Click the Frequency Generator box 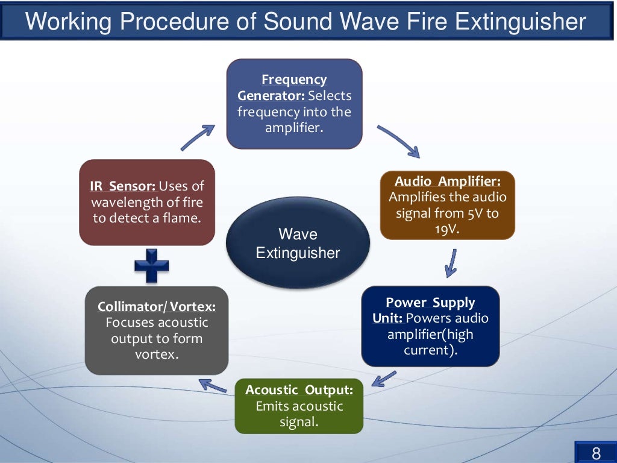click(x=294, y=104)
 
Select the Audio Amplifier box click(x=447, y=205)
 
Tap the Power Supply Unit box click(x=430, y=326)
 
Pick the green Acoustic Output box click(x=299, y=406)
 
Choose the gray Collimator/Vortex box click(x=157, y=330)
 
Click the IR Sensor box click(x=147, y=202)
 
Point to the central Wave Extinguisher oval click(x=298, y=243)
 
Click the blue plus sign click(x=151, y=265)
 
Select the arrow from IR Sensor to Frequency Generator click(x=198, y=137)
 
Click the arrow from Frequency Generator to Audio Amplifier click(x=397, y=141)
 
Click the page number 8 click(x=596, y=453)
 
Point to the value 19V click(x=446, y=228)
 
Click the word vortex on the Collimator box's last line click(x=157, y=354)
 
